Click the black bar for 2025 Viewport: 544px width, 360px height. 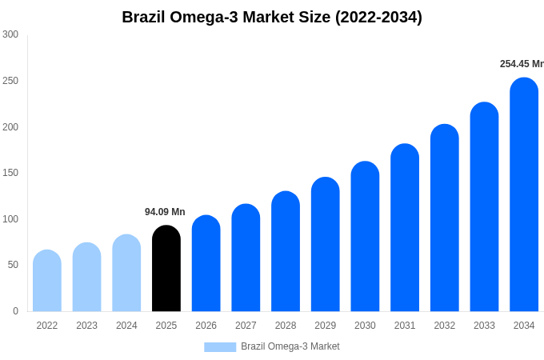click(166, 269)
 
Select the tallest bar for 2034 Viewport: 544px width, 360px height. click(524, 195)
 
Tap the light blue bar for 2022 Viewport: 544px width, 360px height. click(47, 281)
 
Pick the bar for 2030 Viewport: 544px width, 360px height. click(365, 237)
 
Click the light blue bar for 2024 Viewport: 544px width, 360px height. click(126, 273)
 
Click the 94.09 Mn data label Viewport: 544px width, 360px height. click(165, 212)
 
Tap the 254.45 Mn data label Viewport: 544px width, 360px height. click(521, 64)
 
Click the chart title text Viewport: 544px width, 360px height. click(272, 17)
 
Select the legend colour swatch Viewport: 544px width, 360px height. click(220, 347)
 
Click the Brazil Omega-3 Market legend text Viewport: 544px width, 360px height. click(290, 346)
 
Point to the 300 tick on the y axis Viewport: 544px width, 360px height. click(10, 34)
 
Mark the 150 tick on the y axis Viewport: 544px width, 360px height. click(10, 173)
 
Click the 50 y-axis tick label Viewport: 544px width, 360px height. click(13, 265)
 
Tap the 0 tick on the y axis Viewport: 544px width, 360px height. click(15, 311)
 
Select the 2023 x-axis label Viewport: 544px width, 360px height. click(86, 326)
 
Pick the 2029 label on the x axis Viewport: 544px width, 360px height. click(325, 326)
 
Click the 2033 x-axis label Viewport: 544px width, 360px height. click(484, 326)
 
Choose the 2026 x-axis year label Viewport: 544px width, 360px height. click(206, 326)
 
